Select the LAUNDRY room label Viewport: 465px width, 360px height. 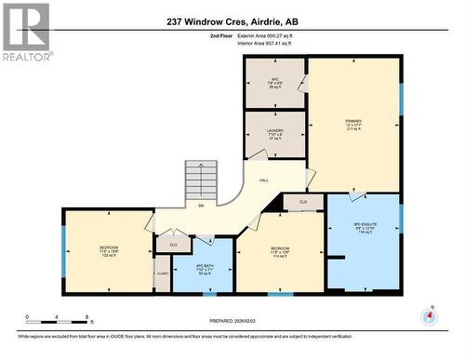click(x=275, y=134)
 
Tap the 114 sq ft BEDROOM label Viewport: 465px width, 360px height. click(x=281, y=252)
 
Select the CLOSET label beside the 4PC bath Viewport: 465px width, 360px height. click(x=163, y=273)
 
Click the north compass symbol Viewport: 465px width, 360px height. click(x=428, y=317)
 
